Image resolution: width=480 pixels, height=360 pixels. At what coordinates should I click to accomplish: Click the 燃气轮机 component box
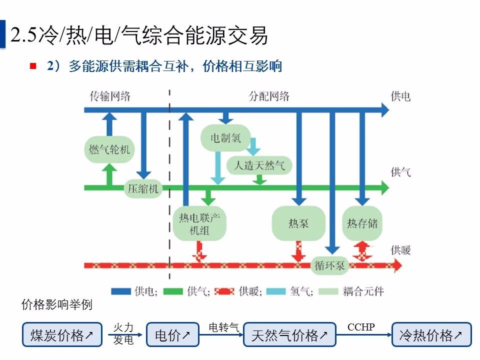(109, 149)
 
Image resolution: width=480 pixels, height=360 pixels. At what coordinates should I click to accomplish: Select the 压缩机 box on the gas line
(143, 188)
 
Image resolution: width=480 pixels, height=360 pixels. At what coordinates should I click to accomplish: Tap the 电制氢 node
(225, 138)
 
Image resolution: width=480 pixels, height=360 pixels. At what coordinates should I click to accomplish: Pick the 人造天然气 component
(259, 165)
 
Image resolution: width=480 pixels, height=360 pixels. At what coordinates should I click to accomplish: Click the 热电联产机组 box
(199, 223)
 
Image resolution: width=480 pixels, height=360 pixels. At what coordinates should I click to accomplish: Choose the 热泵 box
(298, 223)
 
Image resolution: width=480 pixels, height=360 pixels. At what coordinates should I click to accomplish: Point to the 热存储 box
(362, 223)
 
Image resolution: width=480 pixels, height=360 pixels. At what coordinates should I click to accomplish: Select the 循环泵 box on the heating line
(330, 266)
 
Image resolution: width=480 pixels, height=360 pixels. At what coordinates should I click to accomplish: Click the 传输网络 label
(110, 96)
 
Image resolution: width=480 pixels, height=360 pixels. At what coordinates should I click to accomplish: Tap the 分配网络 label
(269, 96)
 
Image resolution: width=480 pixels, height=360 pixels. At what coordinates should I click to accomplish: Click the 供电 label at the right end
(400, 96)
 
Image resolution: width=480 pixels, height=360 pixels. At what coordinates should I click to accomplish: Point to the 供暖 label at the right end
(400, 249)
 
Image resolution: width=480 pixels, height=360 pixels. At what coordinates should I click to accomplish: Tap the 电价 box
(172, 334)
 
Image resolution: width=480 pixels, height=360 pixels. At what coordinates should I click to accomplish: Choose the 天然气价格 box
(289, 334)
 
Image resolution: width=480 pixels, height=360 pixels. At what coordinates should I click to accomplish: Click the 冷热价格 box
(431, 334)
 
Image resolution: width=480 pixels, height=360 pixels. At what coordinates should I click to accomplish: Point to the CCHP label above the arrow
(361, 327)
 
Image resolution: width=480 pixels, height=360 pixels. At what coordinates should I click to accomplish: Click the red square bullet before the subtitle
(33, 66)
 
